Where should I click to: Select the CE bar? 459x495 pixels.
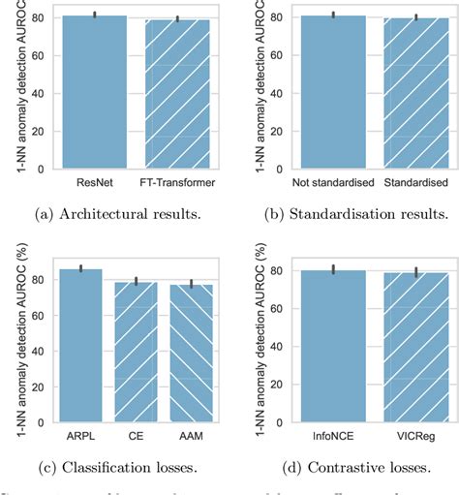coord(136,353)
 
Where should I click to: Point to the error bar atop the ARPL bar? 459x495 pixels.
coord(81,268)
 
